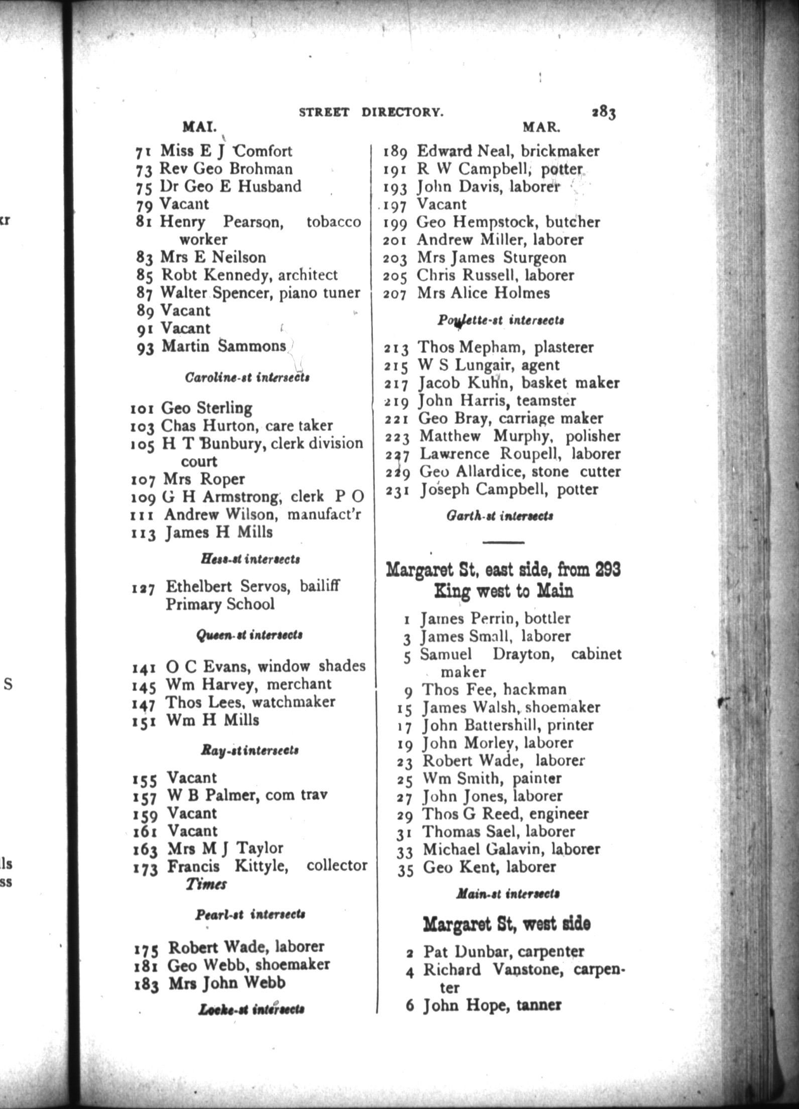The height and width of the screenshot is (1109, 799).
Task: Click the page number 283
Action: (603, 113)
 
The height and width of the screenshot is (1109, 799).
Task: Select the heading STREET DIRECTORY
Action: (371, 112)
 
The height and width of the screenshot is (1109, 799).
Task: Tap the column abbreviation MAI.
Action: (199, 127)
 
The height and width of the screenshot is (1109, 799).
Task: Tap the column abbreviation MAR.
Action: (542, 127)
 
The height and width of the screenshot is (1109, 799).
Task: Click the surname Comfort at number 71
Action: (263, 151)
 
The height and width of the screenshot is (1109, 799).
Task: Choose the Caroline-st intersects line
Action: (247, 377)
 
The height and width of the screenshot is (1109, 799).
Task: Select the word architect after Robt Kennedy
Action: (308, 275)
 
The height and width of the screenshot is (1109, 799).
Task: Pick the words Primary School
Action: (220, 604)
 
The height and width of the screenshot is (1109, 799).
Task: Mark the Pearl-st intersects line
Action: (250, 914)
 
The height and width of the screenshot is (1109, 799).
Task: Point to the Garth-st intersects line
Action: (500, 516)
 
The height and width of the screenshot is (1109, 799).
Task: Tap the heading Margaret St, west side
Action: (506, 924)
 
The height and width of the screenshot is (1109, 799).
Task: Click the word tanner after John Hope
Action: (539, 1005)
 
